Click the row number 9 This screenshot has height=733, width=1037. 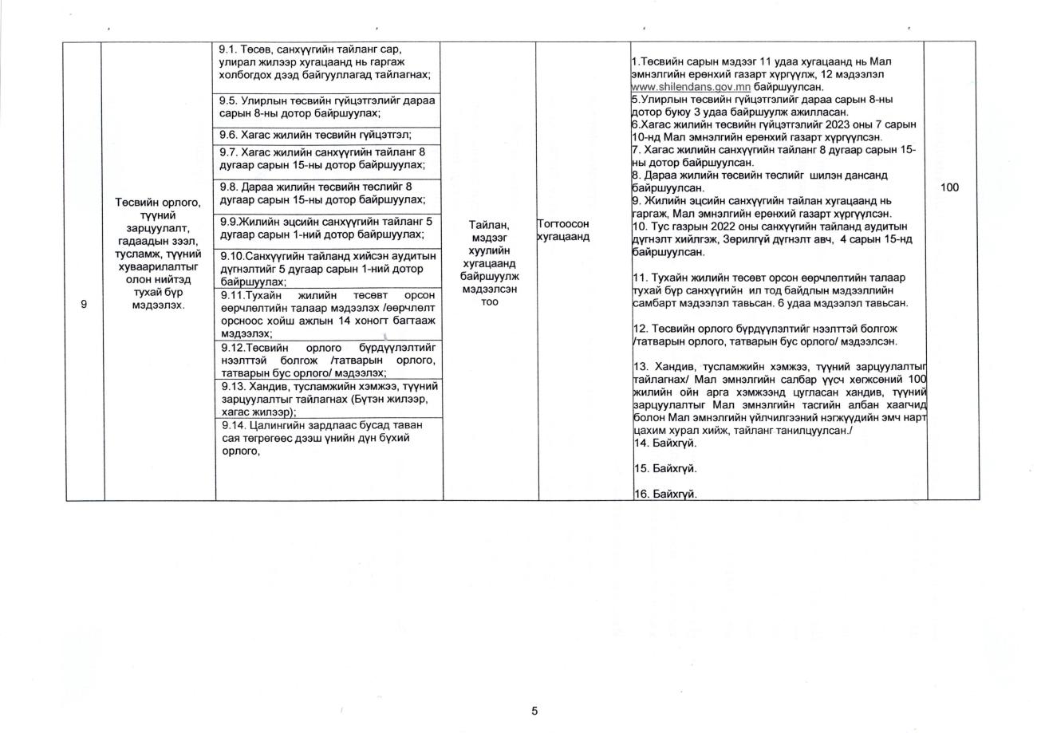(x=84, y=304)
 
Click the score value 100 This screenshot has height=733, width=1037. (x=949, y=187)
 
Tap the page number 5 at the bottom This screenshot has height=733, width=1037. (x=534, y=711)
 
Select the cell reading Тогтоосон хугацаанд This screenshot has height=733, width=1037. (x=564, y=231)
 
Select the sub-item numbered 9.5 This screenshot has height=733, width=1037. (x=327, y=107)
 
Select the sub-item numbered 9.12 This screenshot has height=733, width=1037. (x=328, y=360)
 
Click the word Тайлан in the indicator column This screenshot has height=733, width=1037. (x=490, y=226)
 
